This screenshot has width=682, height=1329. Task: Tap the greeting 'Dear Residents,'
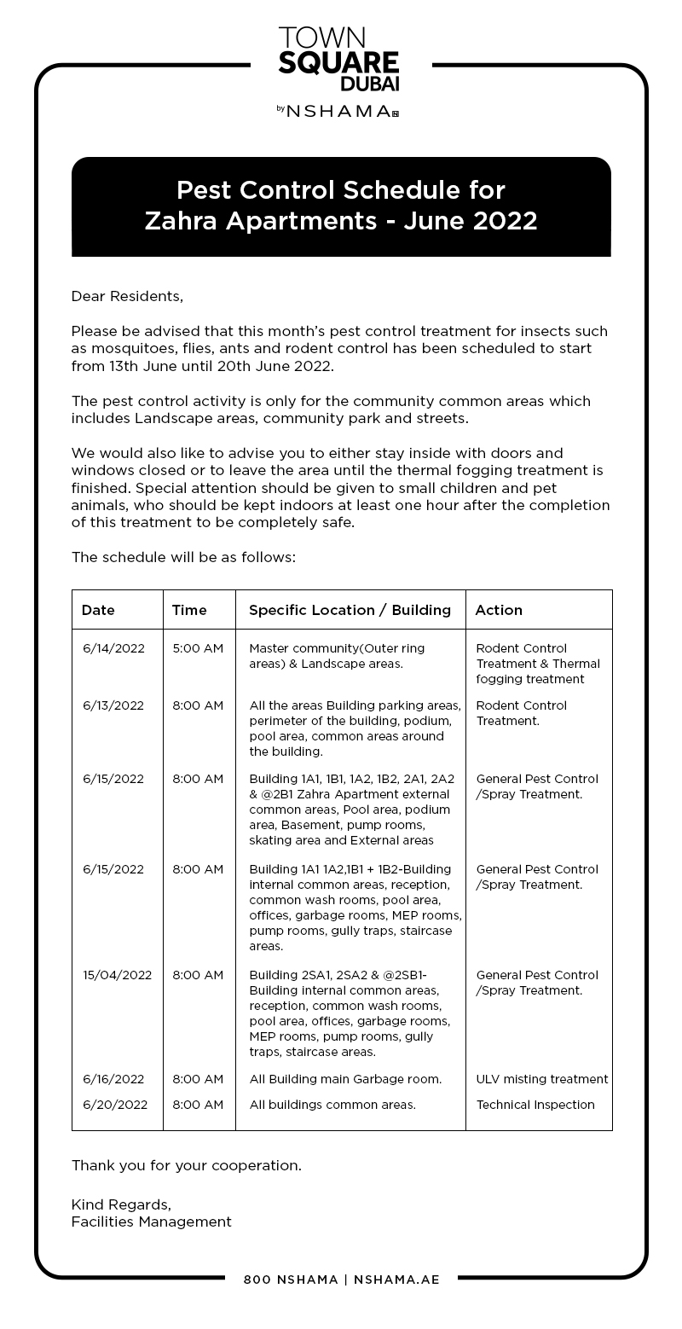(x=127, y=296)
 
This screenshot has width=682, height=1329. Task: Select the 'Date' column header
(x=98, y=610)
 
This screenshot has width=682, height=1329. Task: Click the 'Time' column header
(x=189, y=610)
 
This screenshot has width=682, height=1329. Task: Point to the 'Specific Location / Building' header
(x=350, y=610)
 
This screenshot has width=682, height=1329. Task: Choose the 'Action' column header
(x=499, y=610)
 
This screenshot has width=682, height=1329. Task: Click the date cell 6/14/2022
(x=113, y=648)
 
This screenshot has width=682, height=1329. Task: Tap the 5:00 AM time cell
(x=198, y=648)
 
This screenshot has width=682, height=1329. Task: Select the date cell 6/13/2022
(x=113, y=705)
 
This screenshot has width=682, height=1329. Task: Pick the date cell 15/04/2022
(x=117, y=975)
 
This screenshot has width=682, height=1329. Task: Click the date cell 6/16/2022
(x=113, y=1079)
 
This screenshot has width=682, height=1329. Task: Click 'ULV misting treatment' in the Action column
(x=542, y=1079)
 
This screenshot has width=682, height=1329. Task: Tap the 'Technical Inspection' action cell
(x=535, y=1105)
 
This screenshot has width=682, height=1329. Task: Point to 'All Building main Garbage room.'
(x=345, y=1079)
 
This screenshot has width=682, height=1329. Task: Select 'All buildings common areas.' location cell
(x=332, y=1105)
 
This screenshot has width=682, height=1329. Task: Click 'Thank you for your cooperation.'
(x=186, y=1165)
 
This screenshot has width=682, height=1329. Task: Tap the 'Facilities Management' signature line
(x=151, y=1222)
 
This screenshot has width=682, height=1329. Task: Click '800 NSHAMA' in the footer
(x=291, y=1280)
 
